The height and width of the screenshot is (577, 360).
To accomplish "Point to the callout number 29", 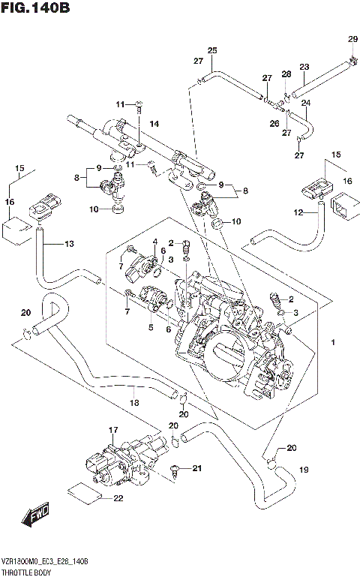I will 352,39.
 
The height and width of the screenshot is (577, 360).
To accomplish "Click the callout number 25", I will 212,50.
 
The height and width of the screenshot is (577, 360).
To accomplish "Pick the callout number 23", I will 304,67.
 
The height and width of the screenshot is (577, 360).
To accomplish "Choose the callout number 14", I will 154,124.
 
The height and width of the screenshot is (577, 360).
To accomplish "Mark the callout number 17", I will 114,430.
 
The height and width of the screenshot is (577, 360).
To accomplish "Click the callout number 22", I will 118,499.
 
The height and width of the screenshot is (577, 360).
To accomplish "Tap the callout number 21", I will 198,469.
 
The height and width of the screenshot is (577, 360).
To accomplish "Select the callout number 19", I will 304,470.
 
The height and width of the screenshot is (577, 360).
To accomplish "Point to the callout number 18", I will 135,403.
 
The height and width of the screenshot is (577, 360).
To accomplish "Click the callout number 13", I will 70,243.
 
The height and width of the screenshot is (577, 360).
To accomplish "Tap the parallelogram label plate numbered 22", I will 82,492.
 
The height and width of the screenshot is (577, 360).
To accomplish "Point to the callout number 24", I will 305,103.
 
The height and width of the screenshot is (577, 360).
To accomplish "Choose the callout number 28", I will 286,74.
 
